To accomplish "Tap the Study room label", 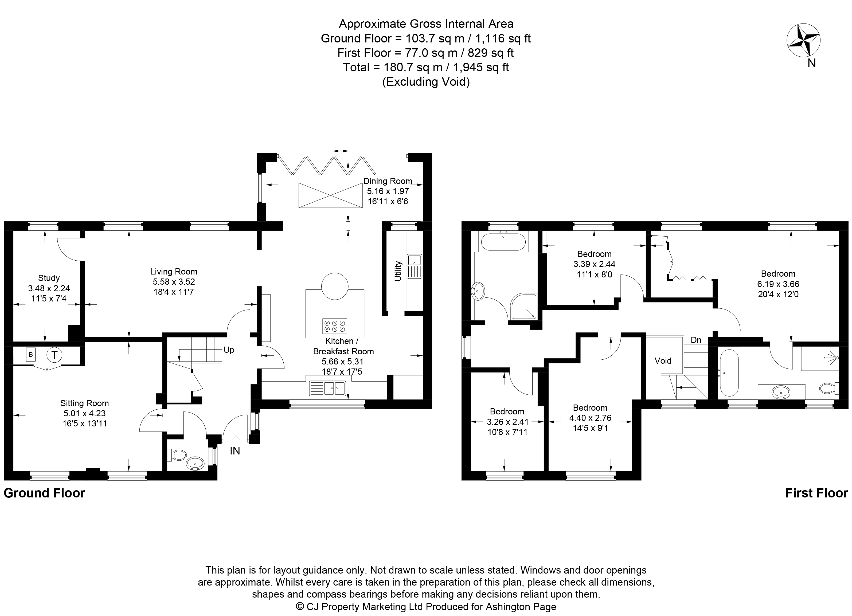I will pyautogui.click(x=49, y=278).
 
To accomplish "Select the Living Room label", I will pyautogui.click(x=174, y=272).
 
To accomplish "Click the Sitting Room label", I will pyautogui.click(x=84, y=403).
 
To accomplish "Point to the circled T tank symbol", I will pyautogui.click(x=54, y=355).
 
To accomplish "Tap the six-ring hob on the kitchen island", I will pyautogui.click(x=334, y=326).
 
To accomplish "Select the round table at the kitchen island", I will pyautogui.click(x=335, y=286).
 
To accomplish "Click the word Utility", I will pyautogui.click(x=398, y=271).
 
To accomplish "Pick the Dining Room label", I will pyautogui.click(x=388, y=181).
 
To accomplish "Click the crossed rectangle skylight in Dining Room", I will pyautogui.click(x=330, y=195).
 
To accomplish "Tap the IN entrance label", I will pyautogui.click(x=235, y=451).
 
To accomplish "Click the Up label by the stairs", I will pyautogui.click(x=229, y=350).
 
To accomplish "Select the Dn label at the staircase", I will pyautogui.click(x=696, y=340).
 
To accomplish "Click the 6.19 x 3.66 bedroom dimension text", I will pyautogui.click(x=778, y=284).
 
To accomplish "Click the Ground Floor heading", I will pyautogui.click(x=44, y=493).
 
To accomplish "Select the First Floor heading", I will pyautogui.click(x=816, y=493).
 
